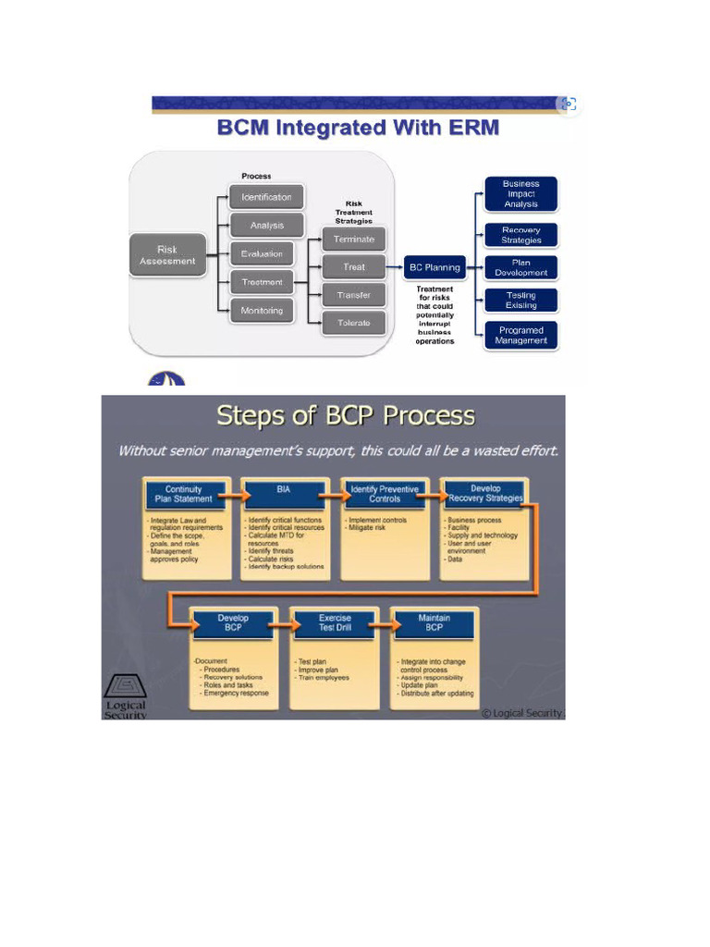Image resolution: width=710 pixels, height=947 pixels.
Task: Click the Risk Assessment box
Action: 167,255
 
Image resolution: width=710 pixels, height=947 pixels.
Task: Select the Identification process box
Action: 266,197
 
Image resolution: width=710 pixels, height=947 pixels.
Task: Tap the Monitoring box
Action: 262,311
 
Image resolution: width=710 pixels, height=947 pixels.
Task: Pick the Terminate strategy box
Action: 353,239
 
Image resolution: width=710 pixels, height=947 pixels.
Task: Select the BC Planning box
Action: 435,267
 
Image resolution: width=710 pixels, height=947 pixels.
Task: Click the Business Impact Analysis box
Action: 520,194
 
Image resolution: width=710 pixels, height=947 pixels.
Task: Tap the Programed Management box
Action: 521,335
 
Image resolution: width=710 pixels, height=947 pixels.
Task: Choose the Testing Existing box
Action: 520,301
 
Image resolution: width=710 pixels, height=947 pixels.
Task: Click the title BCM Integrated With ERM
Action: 358,128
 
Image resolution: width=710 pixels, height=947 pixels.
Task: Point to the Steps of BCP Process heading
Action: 346,416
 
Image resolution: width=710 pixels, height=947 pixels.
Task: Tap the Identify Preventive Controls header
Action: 384,494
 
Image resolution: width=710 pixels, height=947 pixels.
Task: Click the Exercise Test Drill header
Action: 334,622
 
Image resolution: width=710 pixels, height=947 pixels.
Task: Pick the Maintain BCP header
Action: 434,622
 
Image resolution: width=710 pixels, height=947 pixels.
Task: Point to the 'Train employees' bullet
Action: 324,678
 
